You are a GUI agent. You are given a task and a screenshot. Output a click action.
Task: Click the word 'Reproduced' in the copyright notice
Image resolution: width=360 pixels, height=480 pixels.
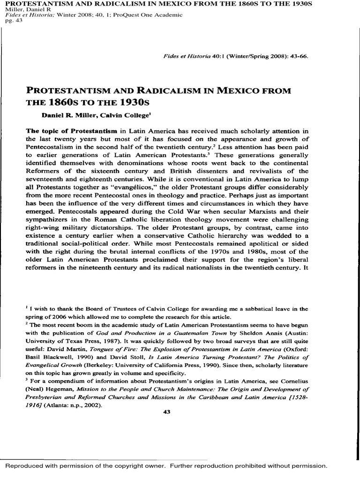[28, 466]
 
